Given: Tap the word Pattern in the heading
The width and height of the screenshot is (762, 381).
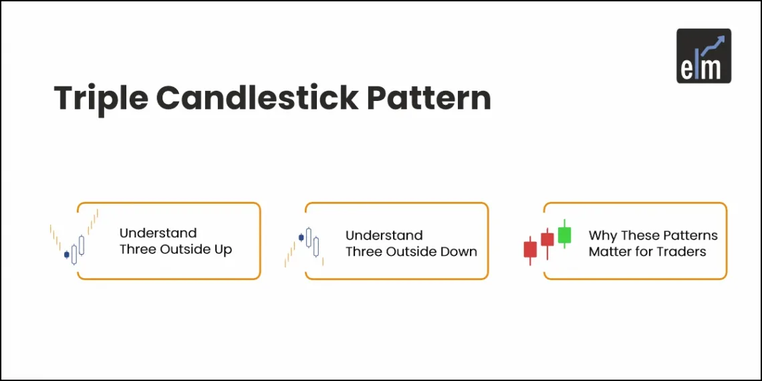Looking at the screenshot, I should pos(428,98).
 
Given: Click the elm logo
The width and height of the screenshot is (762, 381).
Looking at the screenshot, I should pos(703,55).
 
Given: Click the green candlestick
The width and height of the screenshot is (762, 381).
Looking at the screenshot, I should pos(565,234).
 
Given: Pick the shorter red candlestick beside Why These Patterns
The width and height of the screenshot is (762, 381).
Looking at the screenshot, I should pos(530,249).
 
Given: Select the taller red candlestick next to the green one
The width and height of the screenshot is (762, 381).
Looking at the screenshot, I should pos(547,239).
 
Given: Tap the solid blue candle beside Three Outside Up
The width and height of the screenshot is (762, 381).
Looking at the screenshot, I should pos(66,255).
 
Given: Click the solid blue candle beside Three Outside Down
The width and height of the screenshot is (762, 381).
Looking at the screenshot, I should pos(301,237).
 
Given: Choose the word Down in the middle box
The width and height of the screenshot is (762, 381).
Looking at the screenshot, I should pos(459,252).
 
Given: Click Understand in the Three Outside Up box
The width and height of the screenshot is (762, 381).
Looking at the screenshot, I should pos(158,233).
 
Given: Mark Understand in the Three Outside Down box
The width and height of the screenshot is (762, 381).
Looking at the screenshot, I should pos(384,235).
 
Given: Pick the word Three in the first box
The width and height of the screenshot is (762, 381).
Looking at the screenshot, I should pos(138,250).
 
